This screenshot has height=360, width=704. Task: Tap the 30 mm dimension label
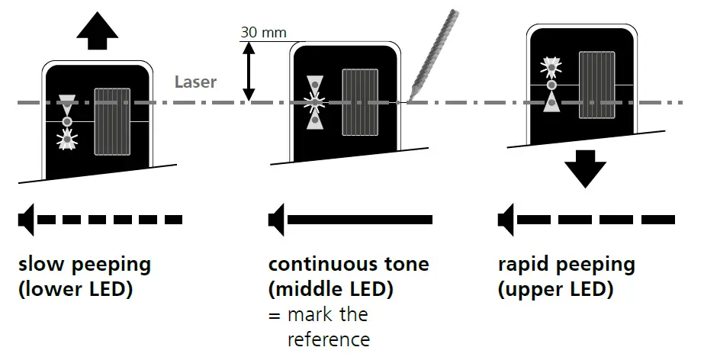263,33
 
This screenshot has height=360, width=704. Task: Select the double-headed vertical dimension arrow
249,70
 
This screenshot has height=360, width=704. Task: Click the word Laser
195,81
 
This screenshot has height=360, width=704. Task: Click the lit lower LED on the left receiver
67,139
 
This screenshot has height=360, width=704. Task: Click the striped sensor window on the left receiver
112,121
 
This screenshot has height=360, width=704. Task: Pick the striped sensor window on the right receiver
597,85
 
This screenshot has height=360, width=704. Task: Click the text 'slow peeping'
84,265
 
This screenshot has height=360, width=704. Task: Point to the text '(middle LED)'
330,290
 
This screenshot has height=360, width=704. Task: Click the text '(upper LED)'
555,290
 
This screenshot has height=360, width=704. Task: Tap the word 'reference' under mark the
328,339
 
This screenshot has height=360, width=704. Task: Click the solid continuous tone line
358,220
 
